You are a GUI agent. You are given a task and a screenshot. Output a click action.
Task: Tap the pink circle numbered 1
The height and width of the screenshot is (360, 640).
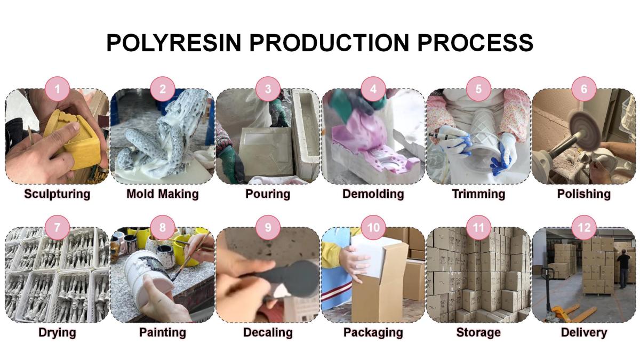tap(58, 89)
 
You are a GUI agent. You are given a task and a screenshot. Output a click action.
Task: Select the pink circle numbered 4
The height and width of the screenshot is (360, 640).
tap(373, 89)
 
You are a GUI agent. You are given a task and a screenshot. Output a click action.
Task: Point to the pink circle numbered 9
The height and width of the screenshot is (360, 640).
tap(268, 228)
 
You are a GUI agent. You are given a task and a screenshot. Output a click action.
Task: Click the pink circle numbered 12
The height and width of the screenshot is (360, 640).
tap(584, 228)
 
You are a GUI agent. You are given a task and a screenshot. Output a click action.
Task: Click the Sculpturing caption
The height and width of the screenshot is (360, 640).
tap(57, 194)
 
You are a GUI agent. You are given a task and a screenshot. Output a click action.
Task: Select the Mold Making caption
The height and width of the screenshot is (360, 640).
tap(162, 194)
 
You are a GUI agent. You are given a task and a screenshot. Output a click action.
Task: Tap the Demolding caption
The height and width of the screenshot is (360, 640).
tap(373, 194)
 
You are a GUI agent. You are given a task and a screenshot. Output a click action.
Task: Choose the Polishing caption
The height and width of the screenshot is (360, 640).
tap(584, 194)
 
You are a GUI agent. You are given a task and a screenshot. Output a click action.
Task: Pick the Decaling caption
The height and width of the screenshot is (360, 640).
tap(268, 333)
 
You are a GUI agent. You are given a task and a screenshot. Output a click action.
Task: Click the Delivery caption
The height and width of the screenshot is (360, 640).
tap(584, 333)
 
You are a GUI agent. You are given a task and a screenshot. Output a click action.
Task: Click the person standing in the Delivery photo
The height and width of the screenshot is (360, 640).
tap(622, 269)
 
